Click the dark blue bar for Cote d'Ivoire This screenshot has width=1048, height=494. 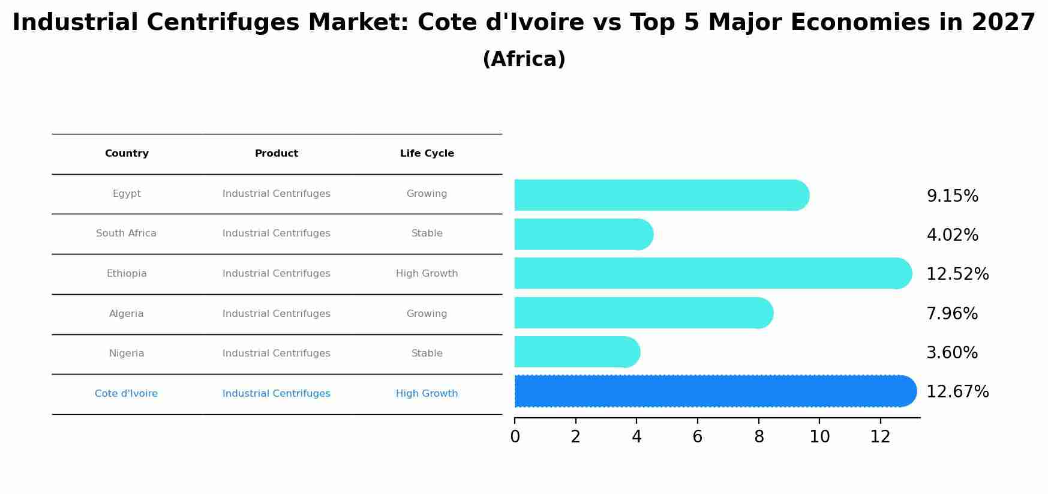click(714, 391)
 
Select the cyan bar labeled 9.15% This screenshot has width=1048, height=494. click(660, 195)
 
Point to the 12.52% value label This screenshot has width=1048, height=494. click(957, 274)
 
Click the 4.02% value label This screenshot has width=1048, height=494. click(952, 235)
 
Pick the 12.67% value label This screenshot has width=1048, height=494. click(957, 392)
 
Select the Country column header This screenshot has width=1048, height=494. click(127, 154)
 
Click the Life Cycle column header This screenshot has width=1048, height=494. click(427, 154)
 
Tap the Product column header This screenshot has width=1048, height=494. click(276, 154)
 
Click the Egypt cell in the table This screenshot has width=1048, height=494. click(127, 194)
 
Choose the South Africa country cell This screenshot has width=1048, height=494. click(126, 233)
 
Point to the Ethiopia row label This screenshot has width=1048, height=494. click(127, 274)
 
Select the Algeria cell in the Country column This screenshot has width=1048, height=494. click(127, 314)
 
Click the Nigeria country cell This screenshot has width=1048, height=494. click(127, 354)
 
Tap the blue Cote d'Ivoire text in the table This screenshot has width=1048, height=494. click(126, 394)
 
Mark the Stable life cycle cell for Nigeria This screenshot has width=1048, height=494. click(427, 354)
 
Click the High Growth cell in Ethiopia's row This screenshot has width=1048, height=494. click(427, 274)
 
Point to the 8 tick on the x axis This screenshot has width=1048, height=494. click(759, 437)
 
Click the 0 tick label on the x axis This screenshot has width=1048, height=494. click(515, 437)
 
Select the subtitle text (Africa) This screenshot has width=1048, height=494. click(524, 59)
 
